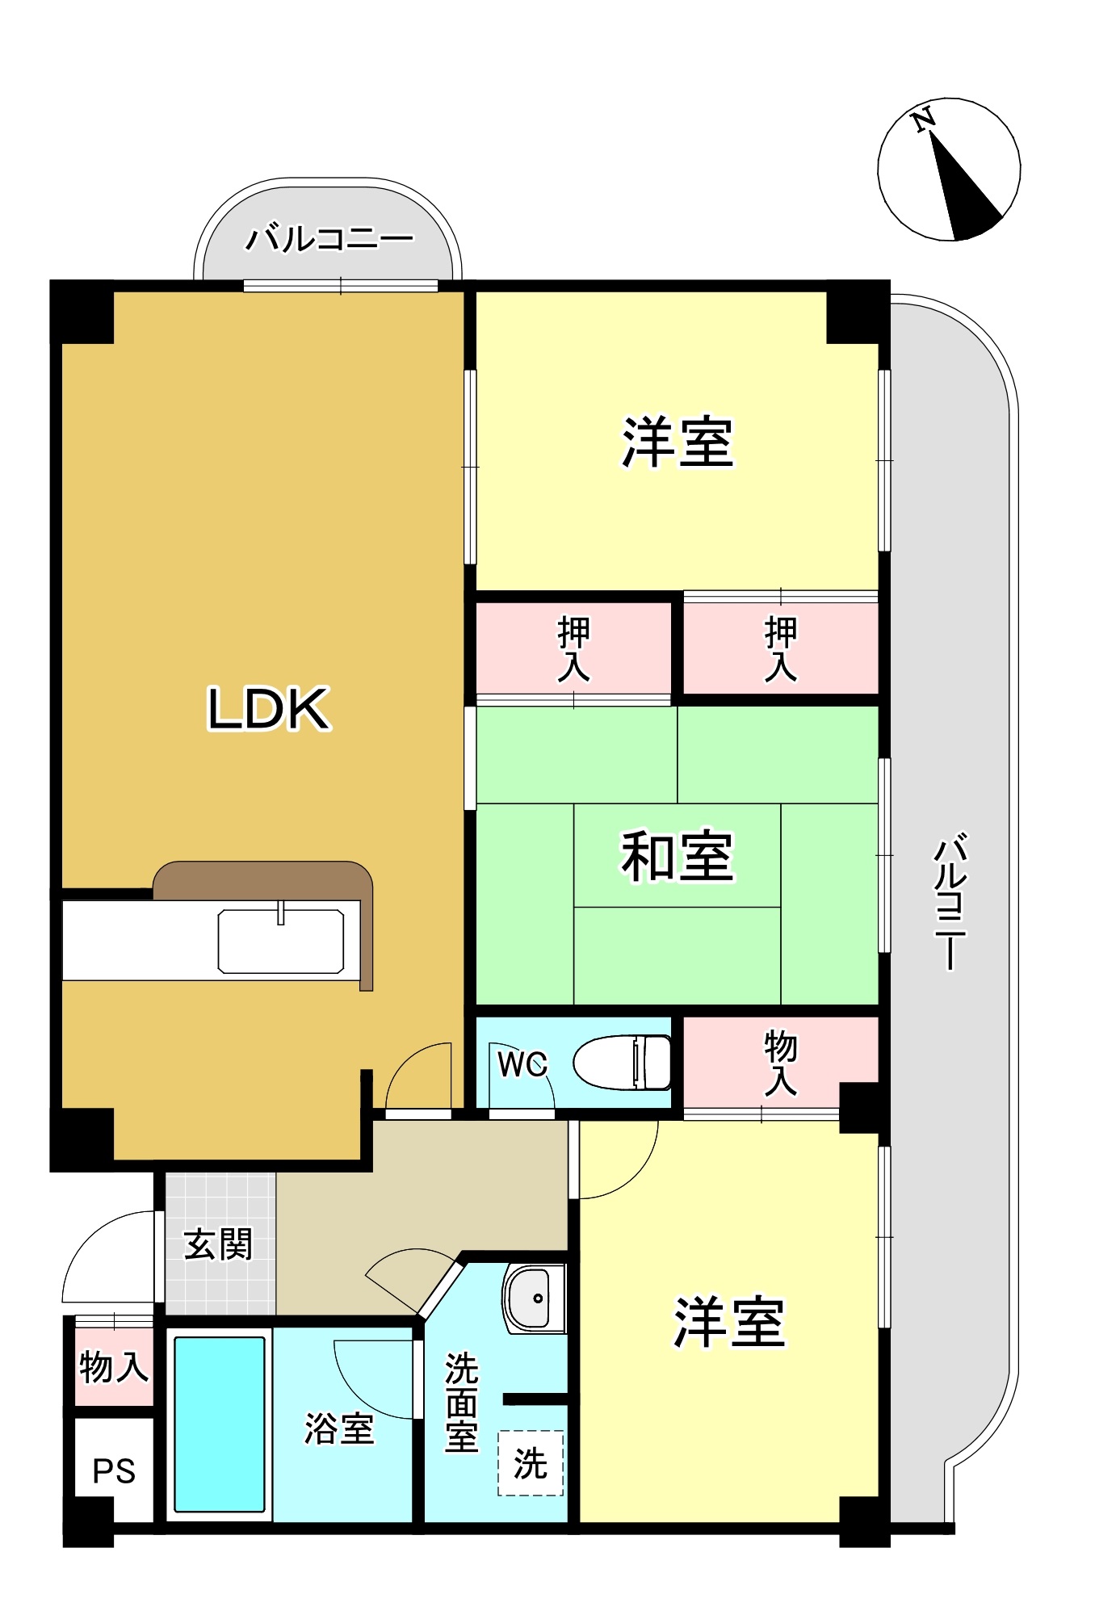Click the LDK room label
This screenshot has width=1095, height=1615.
click(268, 709)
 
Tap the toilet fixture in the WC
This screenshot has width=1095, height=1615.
click(623, 1062)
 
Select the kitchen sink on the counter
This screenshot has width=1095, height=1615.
click(280, 941)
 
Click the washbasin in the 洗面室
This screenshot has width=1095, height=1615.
click(533, 1298)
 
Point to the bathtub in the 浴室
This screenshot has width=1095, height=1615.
click(220, 1424)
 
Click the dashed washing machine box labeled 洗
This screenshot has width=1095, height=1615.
click(531, 1462)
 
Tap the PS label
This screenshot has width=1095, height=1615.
click(114, 1471)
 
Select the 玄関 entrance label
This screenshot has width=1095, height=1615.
click(218, 1244)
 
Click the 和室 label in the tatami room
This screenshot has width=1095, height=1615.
click(677, 856)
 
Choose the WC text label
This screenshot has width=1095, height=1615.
click(522, 1064)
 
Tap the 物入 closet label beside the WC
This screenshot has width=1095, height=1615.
click(781, 1063)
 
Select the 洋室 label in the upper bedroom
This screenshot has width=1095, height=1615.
click(677, 442)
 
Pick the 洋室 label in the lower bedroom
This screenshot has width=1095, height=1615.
click(729, 1322)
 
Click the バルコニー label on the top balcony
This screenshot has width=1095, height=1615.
click(329, 238)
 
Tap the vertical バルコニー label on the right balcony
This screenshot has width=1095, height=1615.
click(950, 901)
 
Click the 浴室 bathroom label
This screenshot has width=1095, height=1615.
click(339, 1428)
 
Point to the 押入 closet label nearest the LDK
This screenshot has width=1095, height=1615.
click(574, 649)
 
